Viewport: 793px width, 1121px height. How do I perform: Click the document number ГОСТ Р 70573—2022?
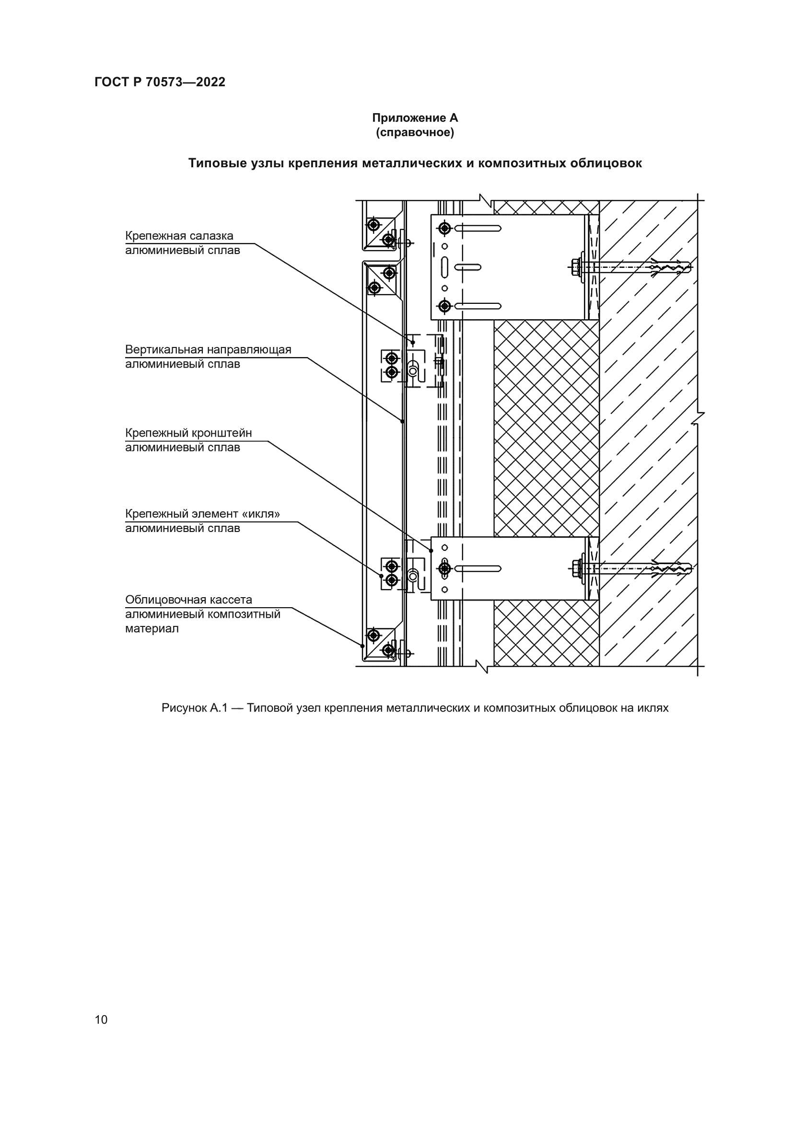[x=160, y=82]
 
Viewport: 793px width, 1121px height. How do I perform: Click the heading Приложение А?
[x=415, y=118]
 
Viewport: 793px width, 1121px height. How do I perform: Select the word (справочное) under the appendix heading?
[x=415, y=132]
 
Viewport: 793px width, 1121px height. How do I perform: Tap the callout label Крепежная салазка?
[x=179, y=236]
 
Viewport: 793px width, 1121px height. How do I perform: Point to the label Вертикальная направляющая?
[x=208, y=349]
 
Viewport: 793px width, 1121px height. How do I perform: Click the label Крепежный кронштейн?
[x=188, y=433]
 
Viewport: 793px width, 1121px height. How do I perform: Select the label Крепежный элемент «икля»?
[x=202, y=514]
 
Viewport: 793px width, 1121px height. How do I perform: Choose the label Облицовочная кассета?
[x=188, y=600]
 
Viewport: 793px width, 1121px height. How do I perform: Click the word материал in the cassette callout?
[x=152, y=628]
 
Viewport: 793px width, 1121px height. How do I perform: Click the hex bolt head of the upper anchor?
[x=575, y=266]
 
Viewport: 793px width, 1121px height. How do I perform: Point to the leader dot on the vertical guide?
[x=402, y=421]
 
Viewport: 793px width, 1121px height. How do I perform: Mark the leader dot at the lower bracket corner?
[x=431, y=551]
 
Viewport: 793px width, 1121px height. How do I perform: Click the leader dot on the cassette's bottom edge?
[x=362, y=646]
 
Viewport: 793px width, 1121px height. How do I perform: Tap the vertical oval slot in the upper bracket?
[x=444, y=267]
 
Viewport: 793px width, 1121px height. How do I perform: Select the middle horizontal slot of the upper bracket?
[x=467, y=267]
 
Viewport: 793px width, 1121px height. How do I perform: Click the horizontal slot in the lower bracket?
[x=478, y=568]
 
